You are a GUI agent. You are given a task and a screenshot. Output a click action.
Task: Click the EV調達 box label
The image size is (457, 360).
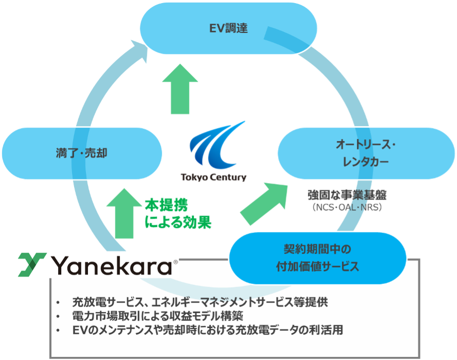coord(228,28)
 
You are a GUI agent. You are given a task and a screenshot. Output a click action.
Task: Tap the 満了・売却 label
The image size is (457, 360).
coord(82,153)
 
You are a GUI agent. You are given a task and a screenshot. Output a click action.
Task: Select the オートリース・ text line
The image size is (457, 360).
coord(366,145)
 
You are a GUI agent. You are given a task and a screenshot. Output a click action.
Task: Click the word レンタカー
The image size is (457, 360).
coord(366,162)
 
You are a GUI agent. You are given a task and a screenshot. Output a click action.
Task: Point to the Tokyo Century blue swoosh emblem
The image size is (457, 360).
coord(217,145)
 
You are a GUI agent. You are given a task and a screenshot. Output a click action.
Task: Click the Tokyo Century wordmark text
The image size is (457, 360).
coord(214,177)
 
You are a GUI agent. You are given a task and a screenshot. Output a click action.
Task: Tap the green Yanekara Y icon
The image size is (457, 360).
coord(32,264)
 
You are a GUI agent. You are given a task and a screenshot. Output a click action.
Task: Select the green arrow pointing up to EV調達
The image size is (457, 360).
coord(180,89)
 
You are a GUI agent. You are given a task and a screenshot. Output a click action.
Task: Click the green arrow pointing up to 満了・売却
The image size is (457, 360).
coord(124,213)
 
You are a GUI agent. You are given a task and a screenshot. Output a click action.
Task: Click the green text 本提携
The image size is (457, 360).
coord(167,205)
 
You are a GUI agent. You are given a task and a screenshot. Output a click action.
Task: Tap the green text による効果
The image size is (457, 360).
coord(178,222)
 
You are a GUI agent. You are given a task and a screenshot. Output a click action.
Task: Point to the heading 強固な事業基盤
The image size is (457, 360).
coord(347,195)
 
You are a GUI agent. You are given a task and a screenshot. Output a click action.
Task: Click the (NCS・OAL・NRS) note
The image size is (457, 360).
coord(347,208)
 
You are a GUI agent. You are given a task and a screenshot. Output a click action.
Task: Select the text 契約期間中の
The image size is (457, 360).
coord(317,249)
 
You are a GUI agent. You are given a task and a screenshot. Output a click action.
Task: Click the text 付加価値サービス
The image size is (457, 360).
coord(317,266)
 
